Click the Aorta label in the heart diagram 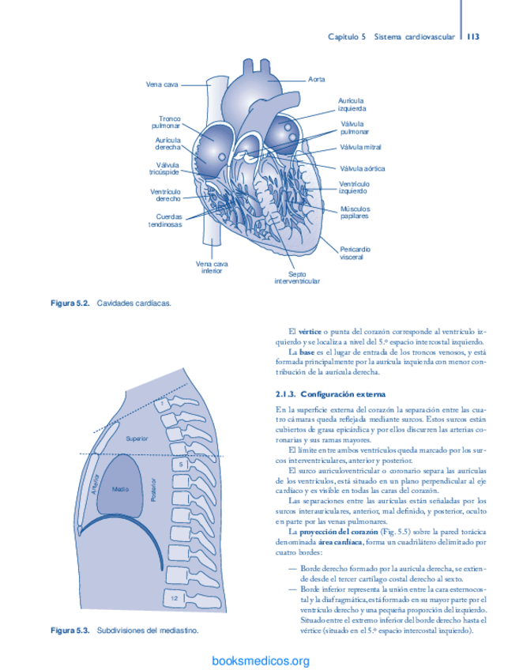[x=318, y=80]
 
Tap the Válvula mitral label [x=360, y=147]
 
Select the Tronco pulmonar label [x=170, y=122]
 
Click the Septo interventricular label [x=297, y=277]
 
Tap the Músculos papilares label [x=355, y=212]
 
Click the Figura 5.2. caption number [x=71, y=303]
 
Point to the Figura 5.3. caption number [x=71, y=631]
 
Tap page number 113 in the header [x=474, y=36]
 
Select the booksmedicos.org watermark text [x=261, y=661]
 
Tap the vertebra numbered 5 [x=181, y=465]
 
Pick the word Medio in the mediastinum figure [x=120, y=489]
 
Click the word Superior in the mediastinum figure [x=137, y=437]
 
